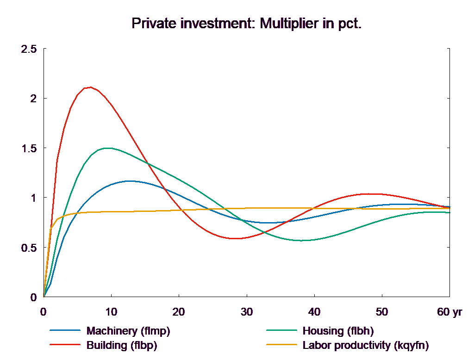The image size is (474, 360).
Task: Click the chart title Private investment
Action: point(246,24)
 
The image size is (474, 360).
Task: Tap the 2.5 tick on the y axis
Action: point(28,49)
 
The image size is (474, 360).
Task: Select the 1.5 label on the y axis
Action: point(28,149)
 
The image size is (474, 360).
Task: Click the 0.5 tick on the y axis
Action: point(28,248)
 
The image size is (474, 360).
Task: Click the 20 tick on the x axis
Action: point(179,312)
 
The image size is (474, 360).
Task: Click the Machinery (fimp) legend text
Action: point(128,331)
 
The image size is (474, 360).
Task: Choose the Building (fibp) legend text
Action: point(122,345)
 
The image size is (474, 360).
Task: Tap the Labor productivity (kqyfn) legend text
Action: point(366,345)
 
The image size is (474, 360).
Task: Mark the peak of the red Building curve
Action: point(90,87)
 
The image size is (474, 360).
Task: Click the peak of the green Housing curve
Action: point(108,148)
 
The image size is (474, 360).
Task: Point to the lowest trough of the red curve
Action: point(235,238)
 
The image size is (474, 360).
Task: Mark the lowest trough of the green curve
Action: point(302,240)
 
